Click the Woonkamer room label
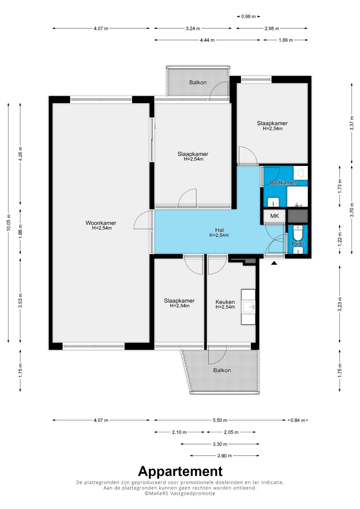click(101, 223)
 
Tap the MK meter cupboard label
click(274, 216)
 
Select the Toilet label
click(297, 244)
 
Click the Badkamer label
click(283, 182)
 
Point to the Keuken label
click(225, 302)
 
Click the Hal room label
click(219, 230)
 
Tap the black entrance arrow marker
click(274, 263)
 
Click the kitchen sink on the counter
click(248, 307)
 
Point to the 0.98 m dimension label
click(248, 17)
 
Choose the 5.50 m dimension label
click(220, 420)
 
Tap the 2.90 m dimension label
click(225, 456)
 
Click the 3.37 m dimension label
click(352, 123)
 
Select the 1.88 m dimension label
click(20, 232)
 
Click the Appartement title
click(180, 471)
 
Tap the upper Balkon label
click(198, 82)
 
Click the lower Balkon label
click(222, 370)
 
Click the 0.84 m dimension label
click(297, 420)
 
